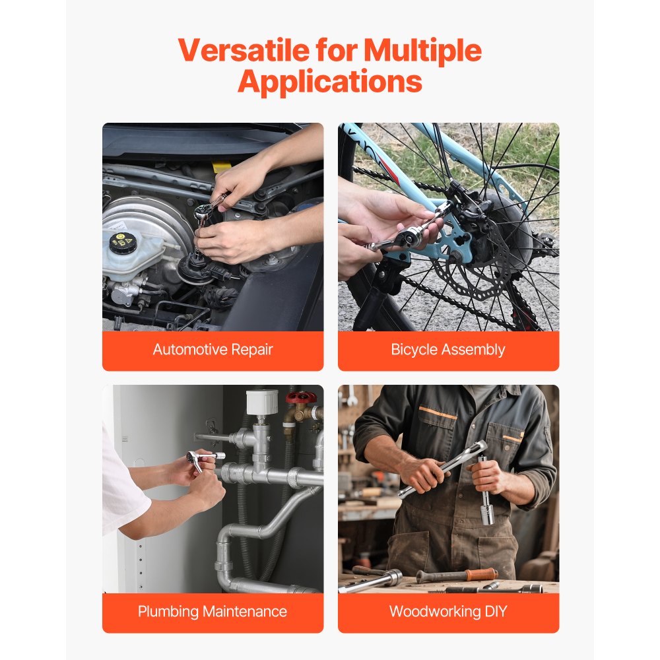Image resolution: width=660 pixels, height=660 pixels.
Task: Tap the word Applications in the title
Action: [330, 82]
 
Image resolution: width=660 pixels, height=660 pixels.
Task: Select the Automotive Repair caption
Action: [213, 350]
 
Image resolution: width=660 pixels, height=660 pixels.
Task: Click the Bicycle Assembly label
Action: [448, 350]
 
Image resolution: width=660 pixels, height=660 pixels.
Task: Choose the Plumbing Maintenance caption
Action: [213, 611]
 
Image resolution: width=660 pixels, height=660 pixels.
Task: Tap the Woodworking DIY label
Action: [448, 611]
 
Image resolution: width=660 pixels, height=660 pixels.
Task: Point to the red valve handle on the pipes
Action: [300, 398]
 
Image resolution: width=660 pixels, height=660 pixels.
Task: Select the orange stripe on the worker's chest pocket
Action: [438, 412]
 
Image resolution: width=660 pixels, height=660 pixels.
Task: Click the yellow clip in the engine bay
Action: [222, 167]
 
